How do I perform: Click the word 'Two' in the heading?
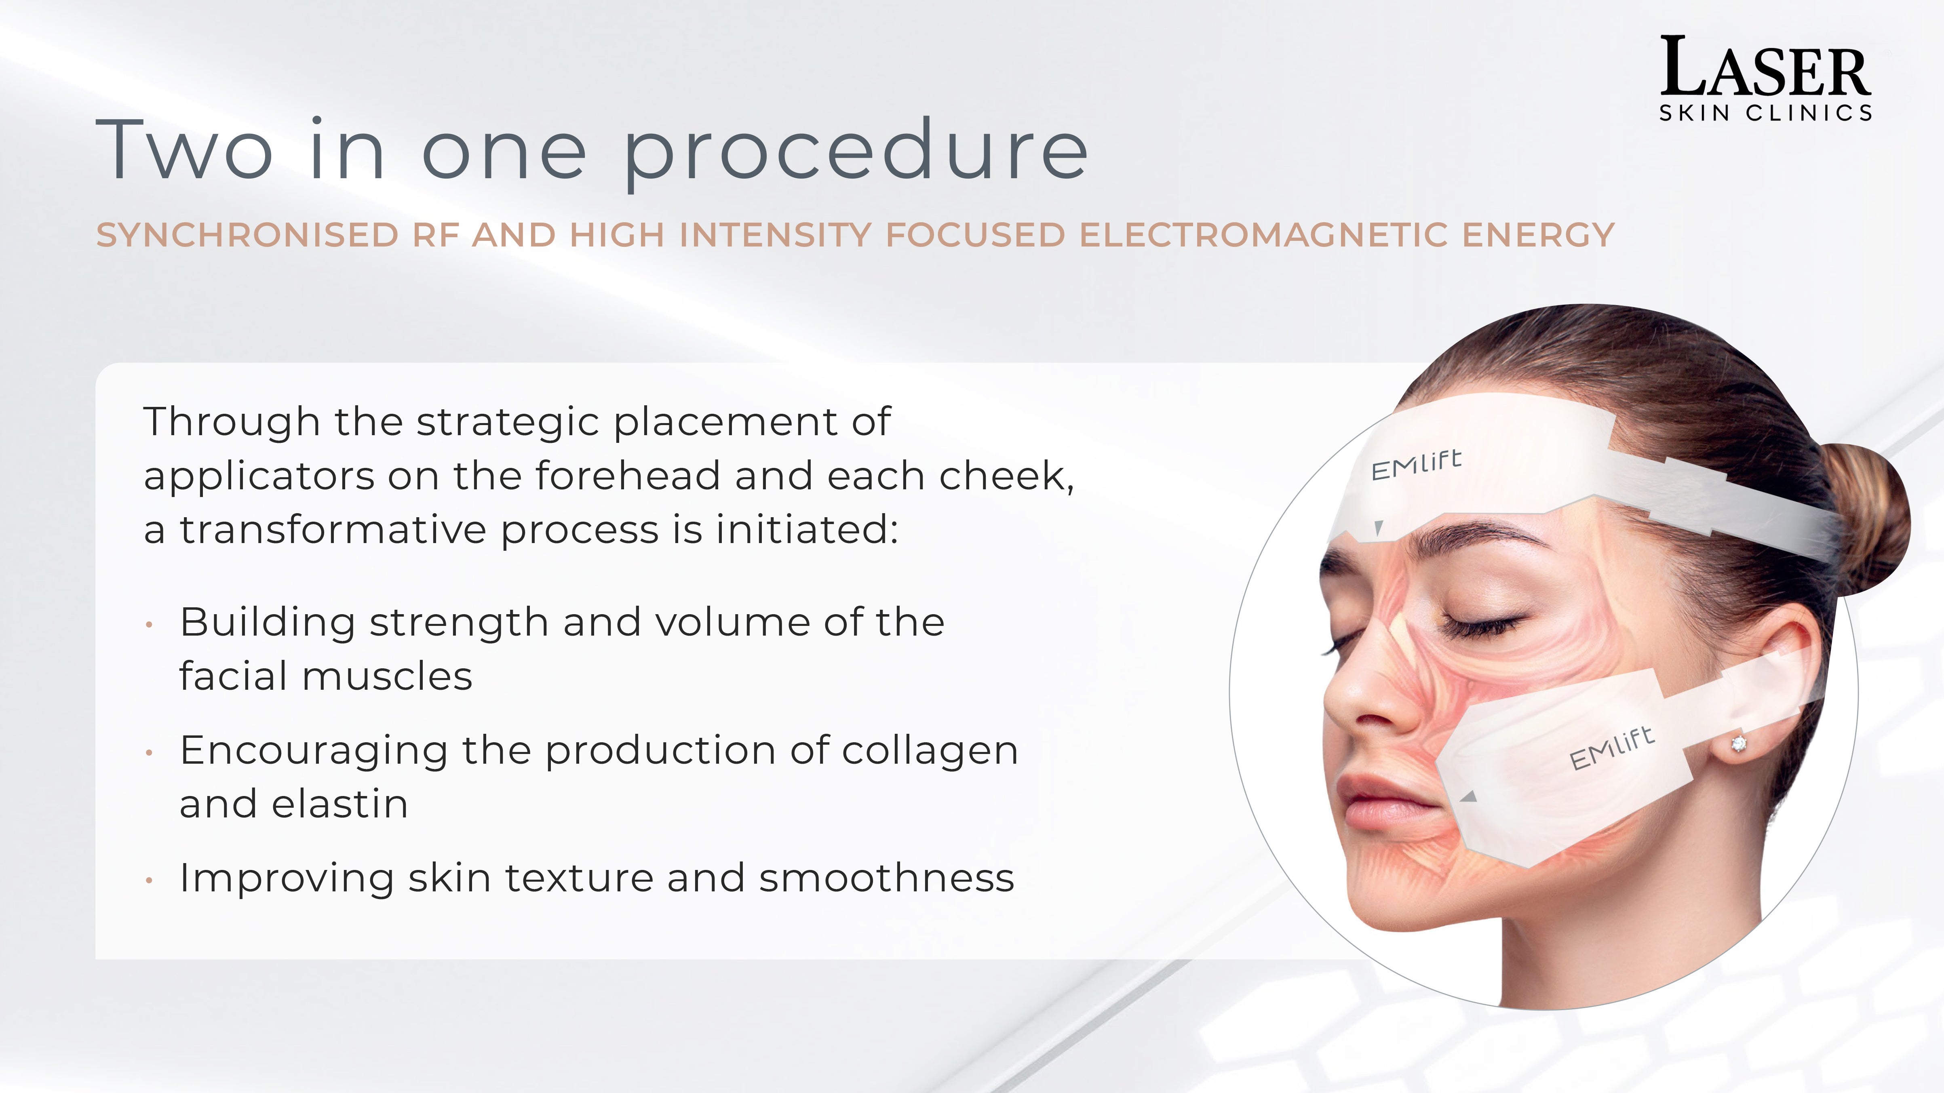click(x=185, y=150)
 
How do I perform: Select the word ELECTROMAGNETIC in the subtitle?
click(x=1263, y=235)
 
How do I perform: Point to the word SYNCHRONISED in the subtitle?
click(x=247, y=235)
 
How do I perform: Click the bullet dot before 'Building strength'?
click(x=150, y=625)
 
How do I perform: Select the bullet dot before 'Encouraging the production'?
click(x=150, y=752)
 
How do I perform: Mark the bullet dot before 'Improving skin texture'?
click(x=150, y=880)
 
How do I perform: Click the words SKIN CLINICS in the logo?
click(x=1765, y=113)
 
